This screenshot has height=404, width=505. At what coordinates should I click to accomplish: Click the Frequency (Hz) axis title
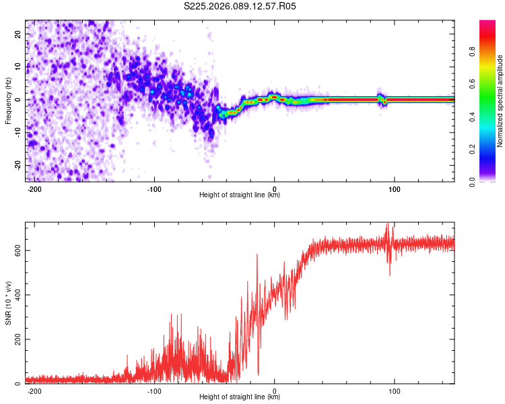[x=8, y=100]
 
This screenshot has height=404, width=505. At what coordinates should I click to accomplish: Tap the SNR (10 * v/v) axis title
[x=8, y=302]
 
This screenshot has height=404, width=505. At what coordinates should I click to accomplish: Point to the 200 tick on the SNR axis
[x=16, y=339]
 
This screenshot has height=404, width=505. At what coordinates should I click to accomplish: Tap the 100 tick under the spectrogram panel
[x=395, y=188]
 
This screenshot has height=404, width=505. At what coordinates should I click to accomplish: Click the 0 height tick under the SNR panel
[x=275, y=391]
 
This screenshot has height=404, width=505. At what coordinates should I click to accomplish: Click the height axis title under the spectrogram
[x=240, y=195]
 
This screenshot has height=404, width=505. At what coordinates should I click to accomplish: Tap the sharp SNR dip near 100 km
[x=390, y=273]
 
